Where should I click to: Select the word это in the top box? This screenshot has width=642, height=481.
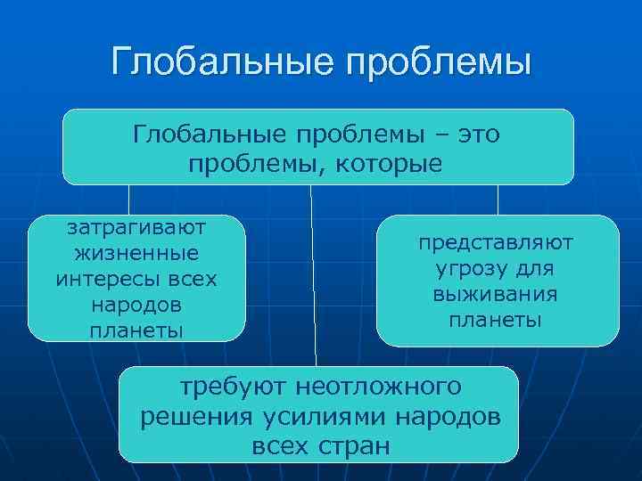coord(478,135)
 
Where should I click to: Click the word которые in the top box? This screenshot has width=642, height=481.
coord(391,165)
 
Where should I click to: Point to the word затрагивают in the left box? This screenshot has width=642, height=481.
coord(136,227)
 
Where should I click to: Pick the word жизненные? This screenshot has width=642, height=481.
coord(136,253)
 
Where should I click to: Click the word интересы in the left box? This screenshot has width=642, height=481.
coord(100,279)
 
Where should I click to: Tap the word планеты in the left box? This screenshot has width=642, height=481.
coord(136,330)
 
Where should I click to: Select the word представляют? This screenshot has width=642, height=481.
coord(497,242)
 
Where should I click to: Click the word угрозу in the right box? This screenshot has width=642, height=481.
coord(465,268)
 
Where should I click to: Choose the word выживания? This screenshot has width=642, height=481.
coord(497,294)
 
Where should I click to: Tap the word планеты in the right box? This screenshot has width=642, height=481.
coord(497,320)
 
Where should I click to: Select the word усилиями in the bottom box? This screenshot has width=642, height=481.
coord(327,417)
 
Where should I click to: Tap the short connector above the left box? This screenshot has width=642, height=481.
coord(130,200)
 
